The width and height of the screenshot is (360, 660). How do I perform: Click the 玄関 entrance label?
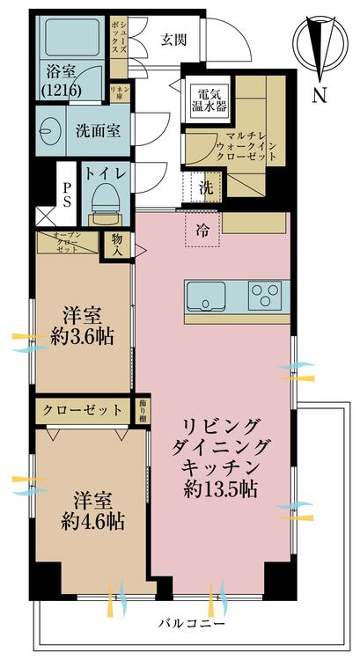click(x=173, y=40)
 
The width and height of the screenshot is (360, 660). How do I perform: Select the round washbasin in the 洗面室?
click(x=48, y=131)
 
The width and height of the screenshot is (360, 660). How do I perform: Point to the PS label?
click(x=67, y=194)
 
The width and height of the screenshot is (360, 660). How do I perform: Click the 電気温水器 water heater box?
click(x=209, y=99)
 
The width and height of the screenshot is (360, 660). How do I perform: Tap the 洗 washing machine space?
click(x=206, y=188)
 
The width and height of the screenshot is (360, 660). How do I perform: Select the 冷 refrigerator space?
click(x=202, y=230)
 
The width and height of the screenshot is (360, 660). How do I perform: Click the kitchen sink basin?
click(x=206, y=296)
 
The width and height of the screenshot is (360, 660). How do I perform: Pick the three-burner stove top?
click(x=265, y=294)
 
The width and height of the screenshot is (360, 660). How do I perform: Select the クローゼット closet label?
click(x=83, y=410)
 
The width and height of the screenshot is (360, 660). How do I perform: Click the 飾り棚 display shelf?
click(x=140, y=410)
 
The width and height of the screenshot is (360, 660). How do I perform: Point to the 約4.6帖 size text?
click(x=92, y=522)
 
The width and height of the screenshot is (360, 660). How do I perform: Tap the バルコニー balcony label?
click(x=192, y=623)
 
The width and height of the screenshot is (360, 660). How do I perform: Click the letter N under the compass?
click(x=320, y=96)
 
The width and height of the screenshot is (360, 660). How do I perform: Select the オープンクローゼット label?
click(x=68, y=242)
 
